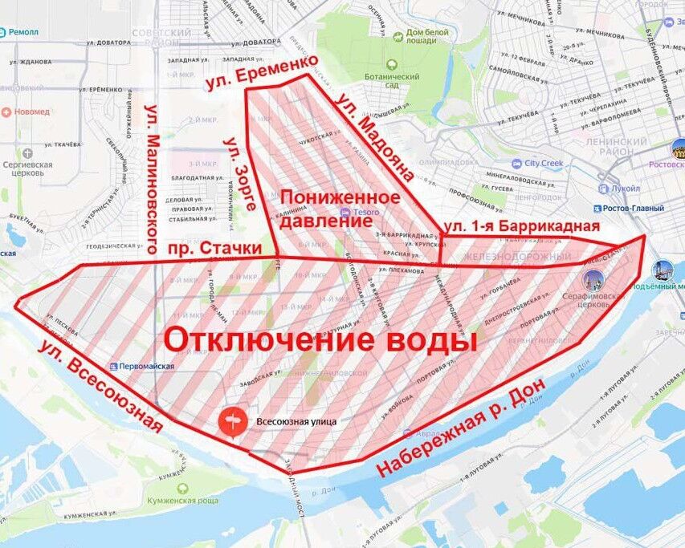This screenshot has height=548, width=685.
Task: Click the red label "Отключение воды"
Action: pos(320,339)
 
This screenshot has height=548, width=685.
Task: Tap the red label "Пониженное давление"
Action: pos(340,209)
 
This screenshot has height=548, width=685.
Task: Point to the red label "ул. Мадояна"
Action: pos(375,136)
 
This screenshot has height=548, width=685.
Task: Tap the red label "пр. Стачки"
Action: pos(216,250)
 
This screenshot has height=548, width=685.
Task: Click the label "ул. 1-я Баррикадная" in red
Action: pos(522,225)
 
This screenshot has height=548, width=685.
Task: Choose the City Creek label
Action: pos(544,164)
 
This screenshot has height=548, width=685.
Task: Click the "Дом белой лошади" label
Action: pos(426,37)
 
